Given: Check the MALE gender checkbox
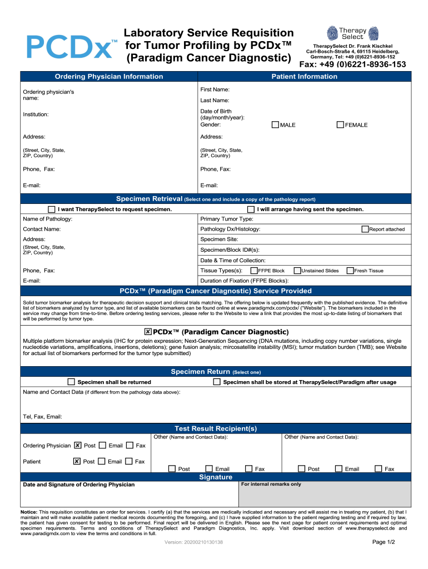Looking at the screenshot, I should [275, 125].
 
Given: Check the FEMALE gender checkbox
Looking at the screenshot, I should [341, 125].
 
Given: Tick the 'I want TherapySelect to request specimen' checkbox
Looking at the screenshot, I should [52, 209].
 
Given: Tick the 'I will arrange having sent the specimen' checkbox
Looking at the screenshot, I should [252, 209].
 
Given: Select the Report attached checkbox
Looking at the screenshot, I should [365, 229].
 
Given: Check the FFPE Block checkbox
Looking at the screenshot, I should [254, 271].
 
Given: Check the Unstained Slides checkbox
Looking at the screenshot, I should [297, 271].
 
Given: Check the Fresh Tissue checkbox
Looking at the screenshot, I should [350, 271].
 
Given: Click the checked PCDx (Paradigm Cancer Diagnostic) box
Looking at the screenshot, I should [148, 332].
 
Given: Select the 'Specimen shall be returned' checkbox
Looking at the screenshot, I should [71, 382].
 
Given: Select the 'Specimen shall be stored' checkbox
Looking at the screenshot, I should [217, 382].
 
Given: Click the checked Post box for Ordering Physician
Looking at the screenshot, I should [78, 446].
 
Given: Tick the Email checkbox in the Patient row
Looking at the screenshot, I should [102, 461].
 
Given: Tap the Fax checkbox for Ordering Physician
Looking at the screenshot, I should [130, 446].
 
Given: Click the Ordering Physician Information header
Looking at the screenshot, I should [109, 77].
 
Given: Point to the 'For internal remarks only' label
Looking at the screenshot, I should [271, 485].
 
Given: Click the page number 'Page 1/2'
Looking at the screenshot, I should [383, 542].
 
